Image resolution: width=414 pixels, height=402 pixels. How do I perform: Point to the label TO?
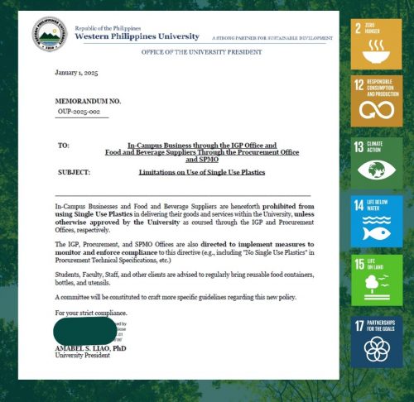64,146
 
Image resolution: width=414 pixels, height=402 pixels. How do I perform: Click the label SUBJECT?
74,172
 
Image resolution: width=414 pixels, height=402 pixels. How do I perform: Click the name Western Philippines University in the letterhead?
137,36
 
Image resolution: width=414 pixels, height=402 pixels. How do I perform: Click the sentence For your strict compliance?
91,313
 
